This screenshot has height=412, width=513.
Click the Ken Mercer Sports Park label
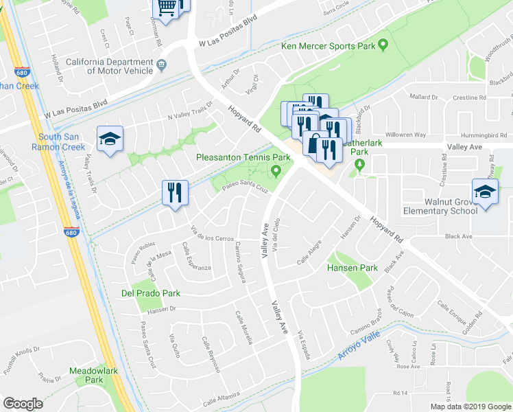point(328,47)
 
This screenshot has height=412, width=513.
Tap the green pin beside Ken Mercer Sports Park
point(383,46)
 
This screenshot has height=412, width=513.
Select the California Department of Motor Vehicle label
point(110,66)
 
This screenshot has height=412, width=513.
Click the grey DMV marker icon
point(161,66)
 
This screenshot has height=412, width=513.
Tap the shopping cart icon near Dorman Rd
point(167,7)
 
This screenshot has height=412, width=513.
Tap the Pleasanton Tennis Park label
point(239,157)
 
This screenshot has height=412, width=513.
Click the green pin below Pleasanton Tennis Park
point(276,170)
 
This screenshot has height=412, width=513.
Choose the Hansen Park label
point(352,267)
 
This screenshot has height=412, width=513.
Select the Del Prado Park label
point(151,293)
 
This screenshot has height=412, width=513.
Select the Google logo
point(23,404)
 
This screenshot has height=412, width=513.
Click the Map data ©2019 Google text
point(470,407)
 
